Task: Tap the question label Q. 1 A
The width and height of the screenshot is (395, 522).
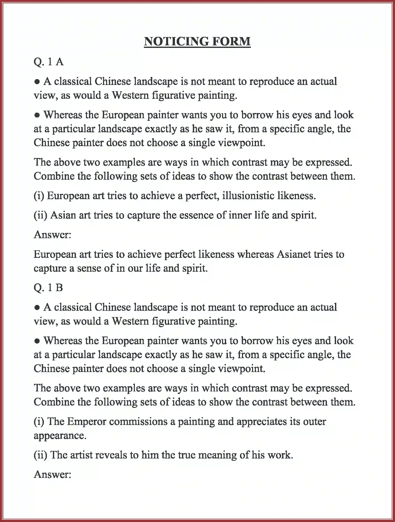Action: click(48, 62)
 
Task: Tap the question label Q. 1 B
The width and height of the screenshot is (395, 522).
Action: click(48, 287)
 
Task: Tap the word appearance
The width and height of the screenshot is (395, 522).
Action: click(60, 436)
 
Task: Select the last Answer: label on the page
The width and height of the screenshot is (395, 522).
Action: click(52, 474)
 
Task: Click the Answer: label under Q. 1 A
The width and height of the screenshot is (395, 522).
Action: click(52, 235)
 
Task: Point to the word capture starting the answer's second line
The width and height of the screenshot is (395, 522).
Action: click(50, 268)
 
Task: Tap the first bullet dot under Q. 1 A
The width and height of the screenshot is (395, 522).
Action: click(37, 82)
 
